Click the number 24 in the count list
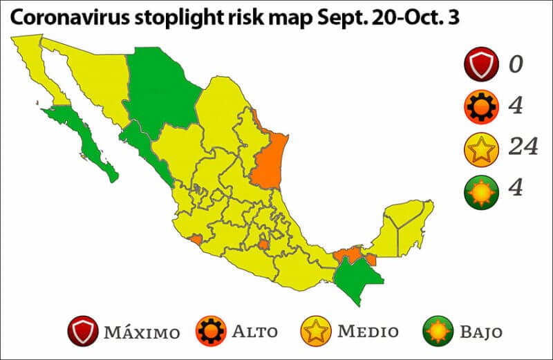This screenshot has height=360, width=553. [x=522, y=148]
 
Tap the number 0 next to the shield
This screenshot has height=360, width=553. [x=516, y=65]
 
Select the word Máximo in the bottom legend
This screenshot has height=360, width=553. [x=142, y=332]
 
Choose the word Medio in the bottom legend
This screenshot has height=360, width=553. [x=368, y=331]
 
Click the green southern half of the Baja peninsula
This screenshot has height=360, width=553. [x=90, y=142]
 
